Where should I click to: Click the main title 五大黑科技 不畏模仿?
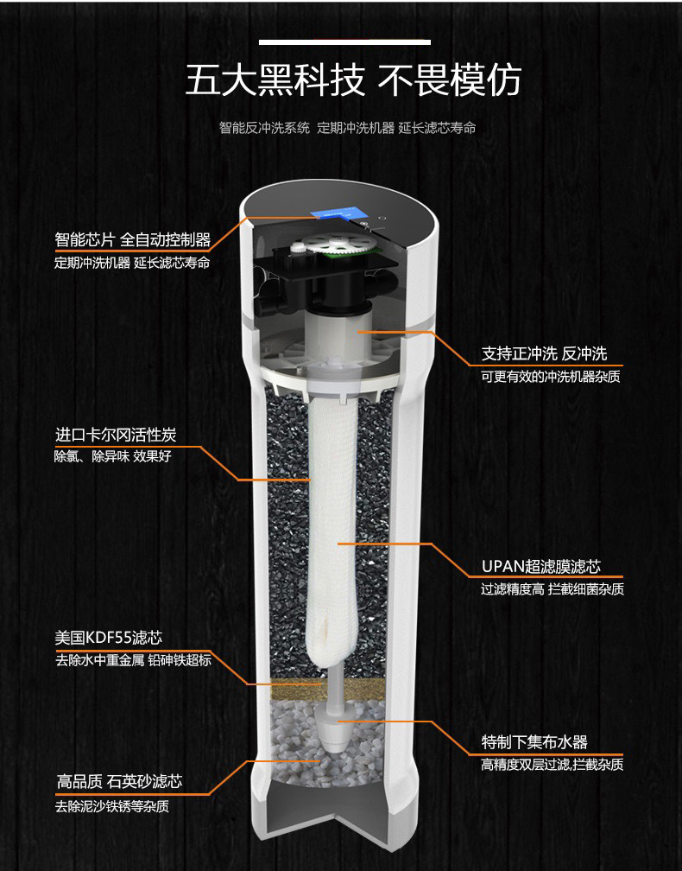pyautogui.click(x=353, y=80)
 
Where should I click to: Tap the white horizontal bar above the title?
pyautogui.click(x=344, y=42)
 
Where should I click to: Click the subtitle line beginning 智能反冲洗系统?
pyautogui.click(x=347, y=128)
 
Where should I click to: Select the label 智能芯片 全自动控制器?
pyautogui.click(x=133, y=240)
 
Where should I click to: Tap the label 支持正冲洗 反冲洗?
pyautogui.click(x=545, y=353)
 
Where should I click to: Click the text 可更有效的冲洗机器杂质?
pyautogui.click(x=551, y=377)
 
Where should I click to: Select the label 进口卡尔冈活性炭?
pyautogui.click(x=116, y=435)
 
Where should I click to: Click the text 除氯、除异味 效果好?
pyautogui.click(x=112, y=456)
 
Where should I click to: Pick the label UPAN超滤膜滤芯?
pyautogui.click(x=541, y=567)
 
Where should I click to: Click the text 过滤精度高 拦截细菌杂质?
pyautogui.click(x=553, y=589)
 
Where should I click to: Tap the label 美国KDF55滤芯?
pyautogui.click(x=109, y=638)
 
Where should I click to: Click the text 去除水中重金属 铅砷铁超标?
pyautogui.click(x=133, y=660)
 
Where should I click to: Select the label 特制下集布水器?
pyautogui.click(x=534, y=742)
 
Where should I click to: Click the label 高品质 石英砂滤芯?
pyautogui.click(x=119, y=782)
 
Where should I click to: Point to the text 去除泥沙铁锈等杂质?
pyautogui.click(x=111, y=806)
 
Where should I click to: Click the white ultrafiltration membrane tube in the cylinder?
pyautogui.click(x=332, y=528)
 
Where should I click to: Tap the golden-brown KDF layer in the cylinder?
pyautogui.click(x=326, y=689)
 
